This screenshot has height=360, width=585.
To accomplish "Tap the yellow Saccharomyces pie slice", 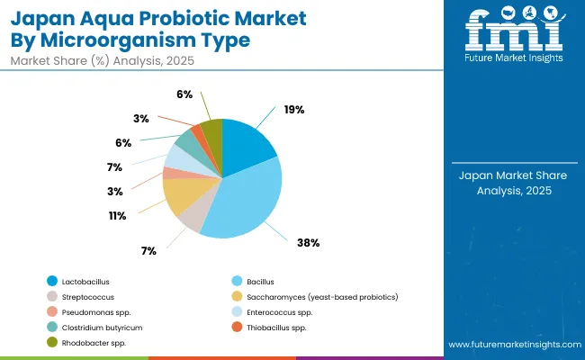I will (x=180, y=194).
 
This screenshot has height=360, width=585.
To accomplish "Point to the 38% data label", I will (x=309, y=242).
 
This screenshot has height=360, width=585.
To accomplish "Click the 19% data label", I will (x=293, y=109).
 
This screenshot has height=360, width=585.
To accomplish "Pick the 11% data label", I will (x=117, y=216).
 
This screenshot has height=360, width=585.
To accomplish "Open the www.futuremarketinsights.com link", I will (x=512, y=345).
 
